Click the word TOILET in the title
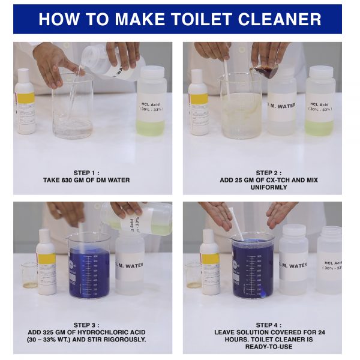(202, 19)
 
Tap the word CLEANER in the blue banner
(280, 19)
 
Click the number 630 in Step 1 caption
(67, 180)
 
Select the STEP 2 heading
(269, 173)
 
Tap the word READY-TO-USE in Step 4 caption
(269, 347)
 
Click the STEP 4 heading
(269, 325)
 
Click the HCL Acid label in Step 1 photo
(151, 107)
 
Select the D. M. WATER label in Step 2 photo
(281, 106)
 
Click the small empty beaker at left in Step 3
(29, 275)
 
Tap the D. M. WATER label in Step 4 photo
(293, 265)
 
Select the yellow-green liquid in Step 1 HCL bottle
(151, 128)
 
